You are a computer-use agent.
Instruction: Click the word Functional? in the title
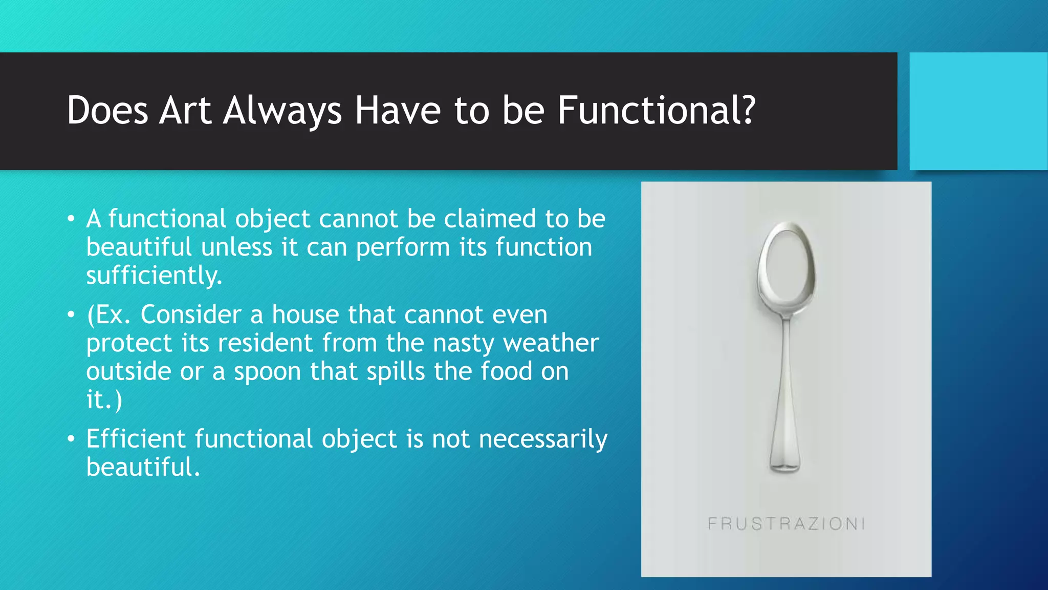click(656, 111)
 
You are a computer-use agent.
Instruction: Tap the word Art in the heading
click(185, 111)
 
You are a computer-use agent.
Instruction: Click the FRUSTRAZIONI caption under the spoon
click(786, 523)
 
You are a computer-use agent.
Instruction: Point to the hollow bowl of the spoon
click(787, 266)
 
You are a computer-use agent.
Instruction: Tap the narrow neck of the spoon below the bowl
click(787, 328)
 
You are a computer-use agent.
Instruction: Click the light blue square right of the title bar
click(978, 111)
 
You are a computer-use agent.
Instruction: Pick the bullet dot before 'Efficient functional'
click(71, 439)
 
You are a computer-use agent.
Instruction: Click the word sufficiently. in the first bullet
click(154, 276)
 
